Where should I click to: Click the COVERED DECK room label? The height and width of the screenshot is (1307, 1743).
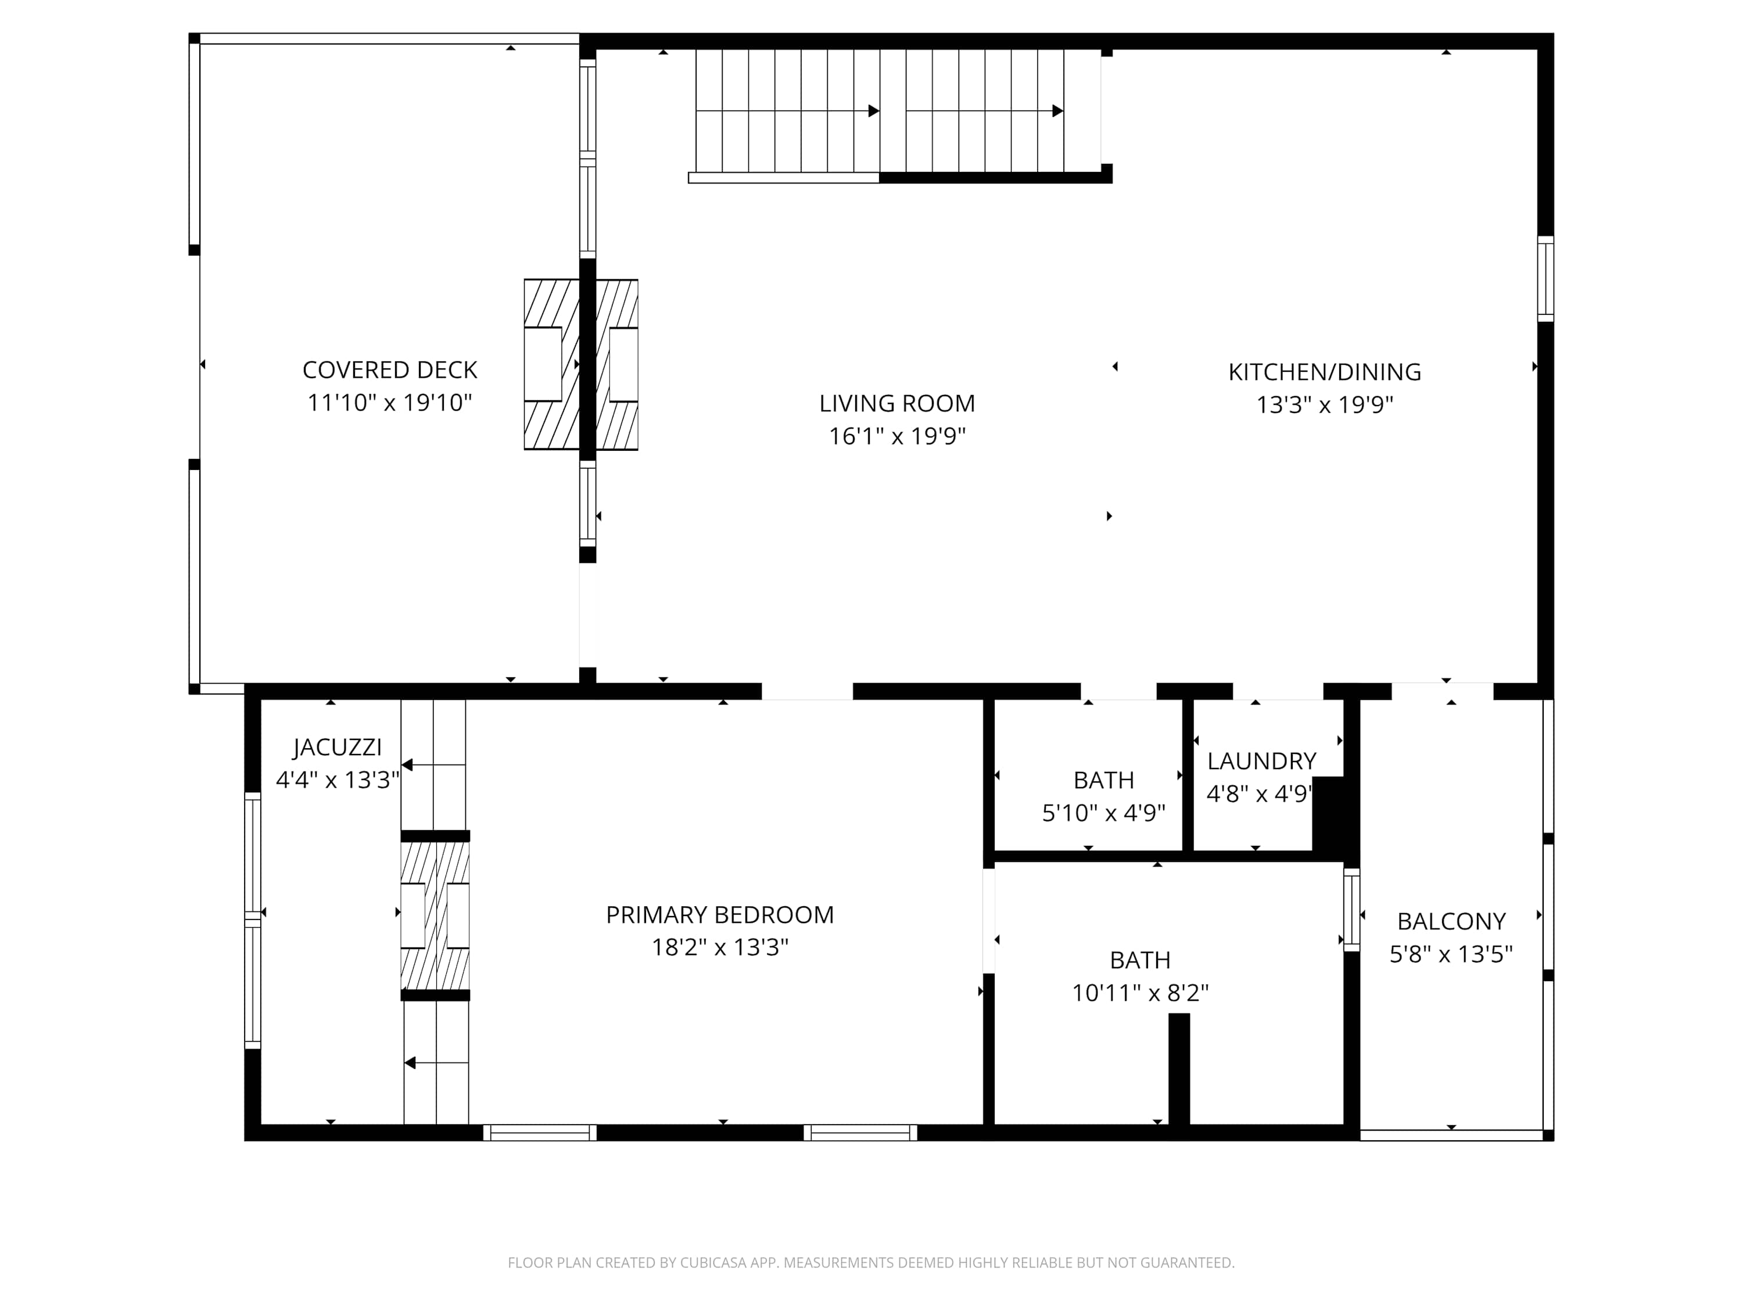click(x=389, y=369)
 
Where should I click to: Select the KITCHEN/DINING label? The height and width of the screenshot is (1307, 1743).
click(x=1325, y=372)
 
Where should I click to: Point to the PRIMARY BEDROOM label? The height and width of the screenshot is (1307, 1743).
click(x=719, y=915)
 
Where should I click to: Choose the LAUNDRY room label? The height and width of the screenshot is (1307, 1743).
click(x=1261, y=761)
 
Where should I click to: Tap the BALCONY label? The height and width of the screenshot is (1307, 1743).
click(x=1451, y=921)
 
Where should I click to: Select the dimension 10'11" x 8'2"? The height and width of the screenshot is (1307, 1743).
click(x=1139, y=993)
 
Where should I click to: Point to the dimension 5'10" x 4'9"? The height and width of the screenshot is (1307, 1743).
click(x=1103, y=812)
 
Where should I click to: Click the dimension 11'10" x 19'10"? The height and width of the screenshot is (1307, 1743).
click(x=389, y=403)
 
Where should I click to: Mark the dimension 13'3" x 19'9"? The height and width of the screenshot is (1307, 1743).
click(x=1325, y=405)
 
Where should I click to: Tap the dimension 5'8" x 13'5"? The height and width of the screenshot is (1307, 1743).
click(x=1451, y=954)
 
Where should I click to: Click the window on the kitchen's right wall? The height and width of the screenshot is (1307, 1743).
click(x=1546, y=279)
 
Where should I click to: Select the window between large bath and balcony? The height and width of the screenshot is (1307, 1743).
click(x=1351, y=910)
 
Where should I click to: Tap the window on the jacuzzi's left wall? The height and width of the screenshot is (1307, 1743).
click(x=252, y=920)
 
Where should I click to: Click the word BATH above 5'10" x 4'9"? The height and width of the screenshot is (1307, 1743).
click(x=1103, y=780)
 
